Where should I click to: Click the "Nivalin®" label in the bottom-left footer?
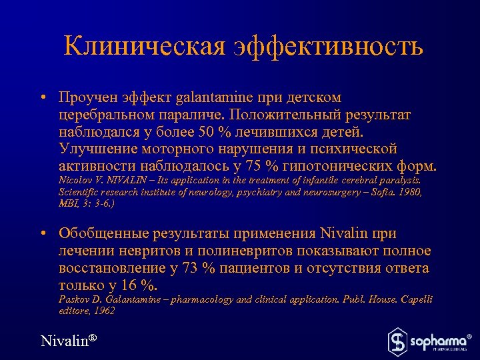69,341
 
